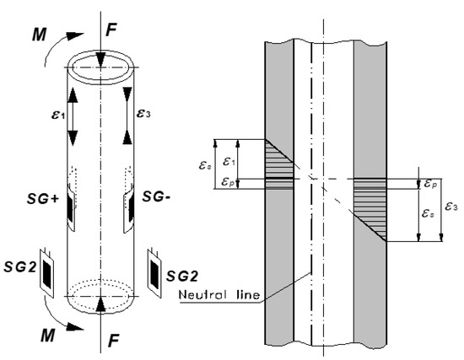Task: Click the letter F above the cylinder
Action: [111, 30]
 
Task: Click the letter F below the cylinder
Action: [113, 341]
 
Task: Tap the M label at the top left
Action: [40, 35]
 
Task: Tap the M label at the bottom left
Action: [47, 336]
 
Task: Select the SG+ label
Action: [43, 199]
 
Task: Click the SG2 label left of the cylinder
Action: [19, 267]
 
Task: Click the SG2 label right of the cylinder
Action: [181, 276]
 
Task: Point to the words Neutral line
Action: [219, 294]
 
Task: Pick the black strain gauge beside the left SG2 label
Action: [47, 272]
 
